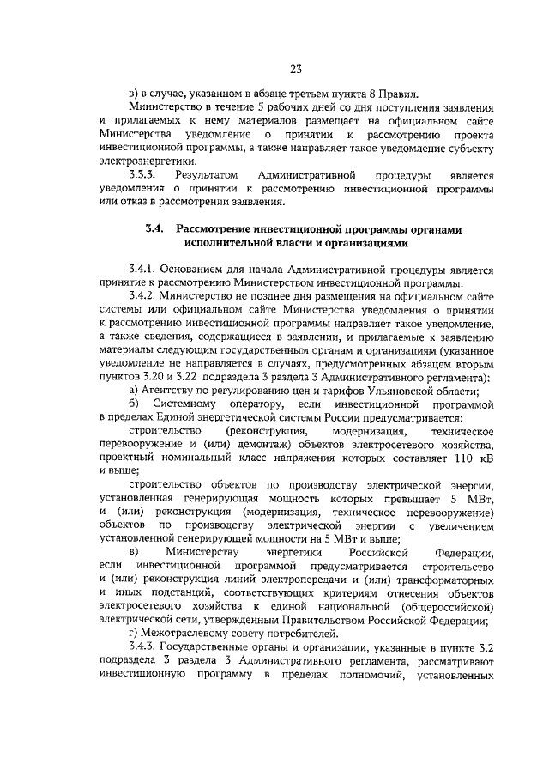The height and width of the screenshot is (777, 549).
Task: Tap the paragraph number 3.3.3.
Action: point(142,175)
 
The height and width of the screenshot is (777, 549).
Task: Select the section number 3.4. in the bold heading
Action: point(154,229)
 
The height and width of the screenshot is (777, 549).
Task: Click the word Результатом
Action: point(203,175)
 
